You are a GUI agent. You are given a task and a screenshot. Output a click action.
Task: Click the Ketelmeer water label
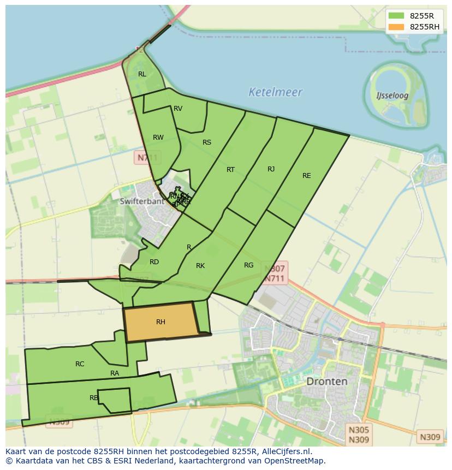pos(275,92)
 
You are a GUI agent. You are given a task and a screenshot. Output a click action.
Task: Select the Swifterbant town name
pos(141,201)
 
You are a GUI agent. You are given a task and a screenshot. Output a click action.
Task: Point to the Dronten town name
pos(326,381)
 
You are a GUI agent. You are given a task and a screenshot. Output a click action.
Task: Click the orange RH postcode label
pos(160,322)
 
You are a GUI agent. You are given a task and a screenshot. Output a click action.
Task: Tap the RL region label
pos(142,74)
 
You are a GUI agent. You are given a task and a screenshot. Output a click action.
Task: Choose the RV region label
pos(178,109)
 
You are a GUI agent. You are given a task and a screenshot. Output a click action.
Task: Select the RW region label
pos(158,138)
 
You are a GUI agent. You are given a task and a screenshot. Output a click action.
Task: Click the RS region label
pos(207,142)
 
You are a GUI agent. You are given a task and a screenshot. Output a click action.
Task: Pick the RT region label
pos(231,170)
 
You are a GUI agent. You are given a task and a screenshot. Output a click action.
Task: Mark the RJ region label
pos(271,169)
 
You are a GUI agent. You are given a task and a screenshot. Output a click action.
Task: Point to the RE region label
pos(307,176)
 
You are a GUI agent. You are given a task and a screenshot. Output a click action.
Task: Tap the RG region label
pos(249,265)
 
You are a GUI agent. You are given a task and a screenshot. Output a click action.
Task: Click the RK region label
pos(200,266)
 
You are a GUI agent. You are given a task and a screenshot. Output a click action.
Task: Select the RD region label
pos(154,262)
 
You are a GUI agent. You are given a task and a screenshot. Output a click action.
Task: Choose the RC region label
pos(80,364)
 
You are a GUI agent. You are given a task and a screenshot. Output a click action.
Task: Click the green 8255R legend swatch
pos(396,16)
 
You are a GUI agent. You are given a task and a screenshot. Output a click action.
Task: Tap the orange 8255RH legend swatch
pos(396,27)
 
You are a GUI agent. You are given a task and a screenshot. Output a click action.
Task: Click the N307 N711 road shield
pos(275,273)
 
